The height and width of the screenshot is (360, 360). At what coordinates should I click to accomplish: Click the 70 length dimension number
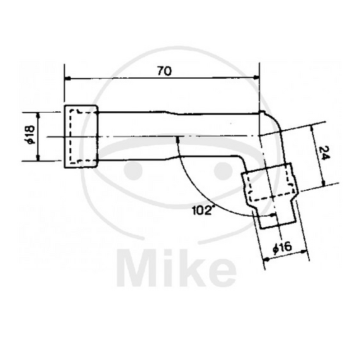click(x=162, y=70)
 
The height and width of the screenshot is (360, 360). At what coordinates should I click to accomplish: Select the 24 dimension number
click(x=325, y=154)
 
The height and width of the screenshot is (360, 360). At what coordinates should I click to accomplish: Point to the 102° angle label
click(x=203, y=209)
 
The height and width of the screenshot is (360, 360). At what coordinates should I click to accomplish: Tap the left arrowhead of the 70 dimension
click(x=67, y=78)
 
